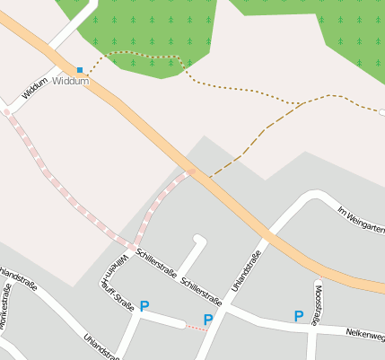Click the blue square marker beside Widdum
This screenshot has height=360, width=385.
point(80,70)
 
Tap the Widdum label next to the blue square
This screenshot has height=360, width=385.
point(71,81)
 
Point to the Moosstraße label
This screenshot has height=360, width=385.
point(318,304)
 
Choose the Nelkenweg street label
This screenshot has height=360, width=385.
point(364,334)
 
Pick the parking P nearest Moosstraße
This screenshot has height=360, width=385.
point(299,315)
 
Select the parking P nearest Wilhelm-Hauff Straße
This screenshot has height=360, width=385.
point(144,306)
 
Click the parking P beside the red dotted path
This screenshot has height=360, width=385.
point(208,319)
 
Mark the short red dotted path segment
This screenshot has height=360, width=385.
point(195,328)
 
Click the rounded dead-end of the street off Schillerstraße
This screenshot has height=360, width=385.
point(199,240)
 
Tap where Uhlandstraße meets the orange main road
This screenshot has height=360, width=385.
point(268,235)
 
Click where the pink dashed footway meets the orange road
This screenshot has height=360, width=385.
point(190,171)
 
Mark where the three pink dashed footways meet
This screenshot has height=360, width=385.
point(133,246)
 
